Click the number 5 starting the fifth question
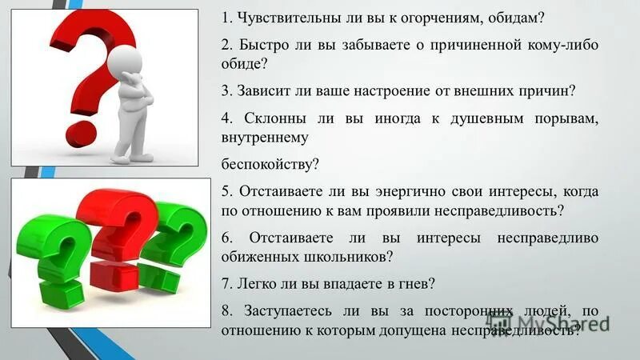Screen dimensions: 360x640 (x=225, y=191)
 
